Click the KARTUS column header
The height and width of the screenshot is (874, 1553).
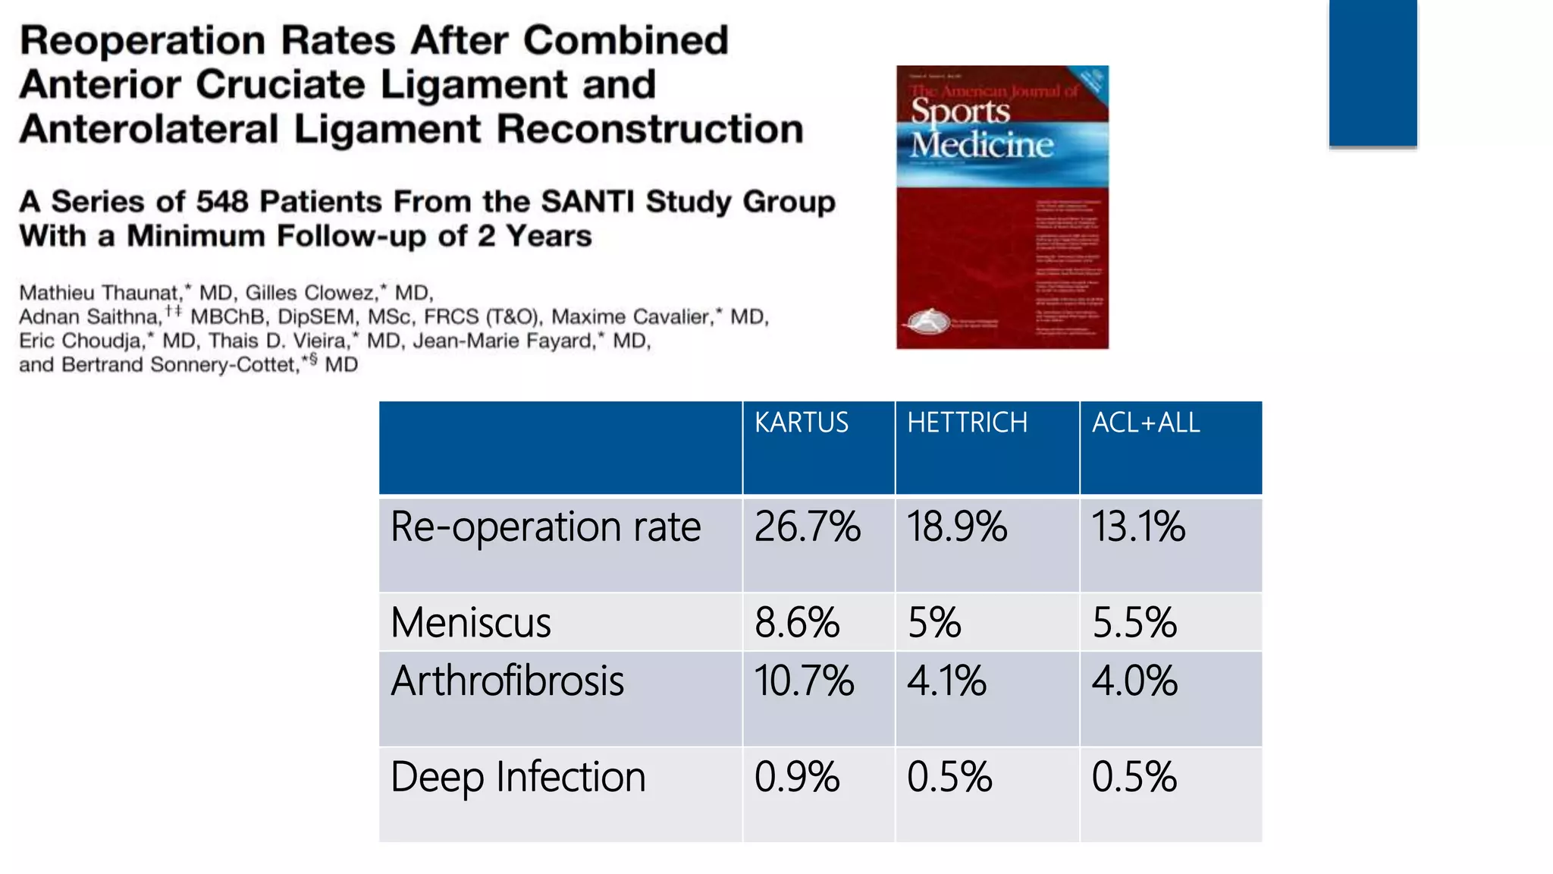[802, 423]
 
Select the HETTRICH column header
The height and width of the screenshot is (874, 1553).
[967, 423]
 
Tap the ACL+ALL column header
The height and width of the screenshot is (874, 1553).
[1146, 423]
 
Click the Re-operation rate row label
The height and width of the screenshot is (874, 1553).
[545, 527]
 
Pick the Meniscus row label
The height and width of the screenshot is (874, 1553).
[471, 623]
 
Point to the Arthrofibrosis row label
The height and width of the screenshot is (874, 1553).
[507, 681]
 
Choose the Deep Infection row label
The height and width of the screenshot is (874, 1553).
[518, 777]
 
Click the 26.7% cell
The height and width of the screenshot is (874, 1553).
[807, 527]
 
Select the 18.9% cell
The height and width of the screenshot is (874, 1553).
[957, 527]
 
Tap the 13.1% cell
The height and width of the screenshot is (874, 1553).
[1137, 527]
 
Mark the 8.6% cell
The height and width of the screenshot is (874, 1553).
[797, 623]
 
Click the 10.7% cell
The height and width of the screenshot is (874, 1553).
[804, 681]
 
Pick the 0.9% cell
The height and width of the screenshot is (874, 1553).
[797, 777]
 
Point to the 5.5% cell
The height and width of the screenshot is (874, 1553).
[1134, 623]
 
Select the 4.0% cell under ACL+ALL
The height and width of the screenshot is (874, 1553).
[1134, 681]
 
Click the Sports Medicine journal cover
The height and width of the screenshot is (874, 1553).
[1002, 207]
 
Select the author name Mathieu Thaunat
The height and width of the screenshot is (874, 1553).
[99, 293]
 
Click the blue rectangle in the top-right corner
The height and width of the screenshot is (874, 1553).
[1373, 72]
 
